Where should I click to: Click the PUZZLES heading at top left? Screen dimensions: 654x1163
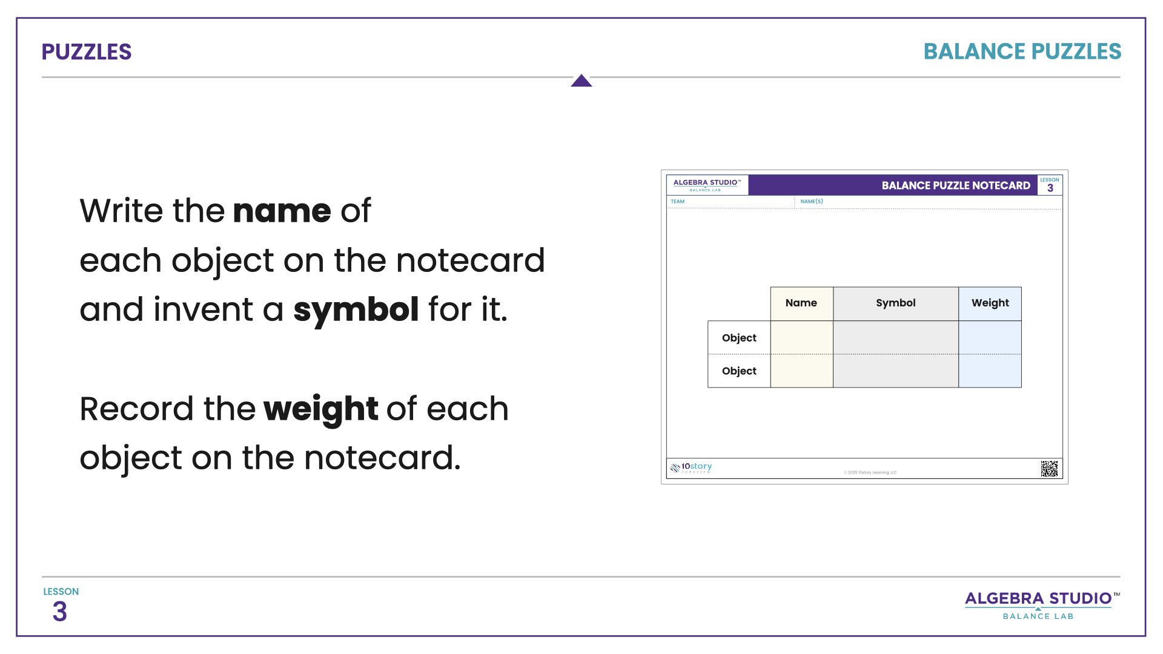86,52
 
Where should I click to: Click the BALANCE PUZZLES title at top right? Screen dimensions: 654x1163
1022,52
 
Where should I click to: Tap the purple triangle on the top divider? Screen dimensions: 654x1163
581,81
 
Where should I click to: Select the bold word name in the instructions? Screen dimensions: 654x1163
282,211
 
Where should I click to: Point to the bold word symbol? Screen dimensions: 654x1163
356,310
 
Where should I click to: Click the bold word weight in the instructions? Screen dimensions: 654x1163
320,409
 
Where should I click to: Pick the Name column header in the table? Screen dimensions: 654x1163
801,303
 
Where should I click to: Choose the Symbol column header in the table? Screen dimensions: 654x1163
895,303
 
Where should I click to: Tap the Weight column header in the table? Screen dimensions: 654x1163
990,303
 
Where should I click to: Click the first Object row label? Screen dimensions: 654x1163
739,338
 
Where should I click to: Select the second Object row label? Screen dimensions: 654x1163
739,371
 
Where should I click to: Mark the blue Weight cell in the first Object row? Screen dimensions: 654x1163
990,338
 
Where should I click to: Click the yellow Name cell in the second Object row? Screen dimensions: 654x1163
801,371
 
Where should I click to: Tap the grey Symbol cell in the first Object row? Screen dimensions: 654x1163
895,338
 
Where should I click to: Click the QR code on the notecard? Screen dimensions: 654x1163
1049,469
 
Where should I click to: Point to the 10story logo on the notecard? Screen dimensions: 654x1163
691,467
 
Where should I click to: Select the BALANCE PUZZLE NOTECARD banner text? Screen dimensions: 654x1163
955,186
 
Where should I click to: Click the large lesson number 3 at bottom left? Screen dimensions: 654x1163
59,612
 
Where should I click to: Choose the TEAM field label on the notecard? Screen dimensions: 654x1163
678,202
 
